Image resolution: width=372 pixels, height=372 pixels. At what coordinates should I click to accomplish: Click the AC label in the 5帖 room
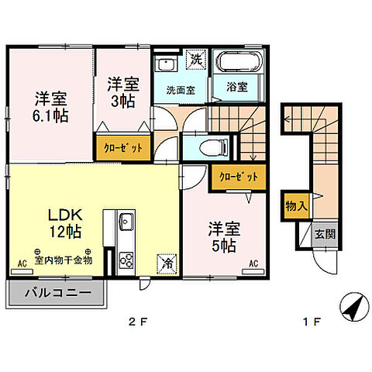(x=253, y=263)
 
